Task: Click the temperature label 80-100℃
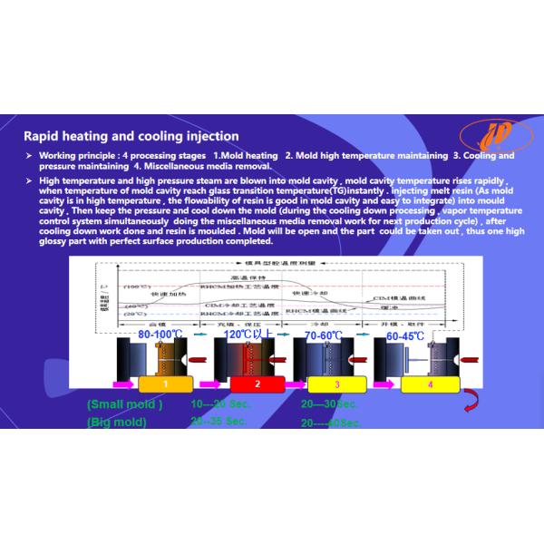pos(161,335)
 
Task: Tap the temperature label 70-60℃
pos(323,335)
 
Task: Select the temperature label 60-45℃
pos(404,335)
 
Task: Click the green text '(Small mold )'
pos(125,403)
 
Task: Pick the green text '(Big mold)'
pos(119,422)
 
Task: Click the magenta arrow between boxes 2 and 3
pos(287,384)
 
